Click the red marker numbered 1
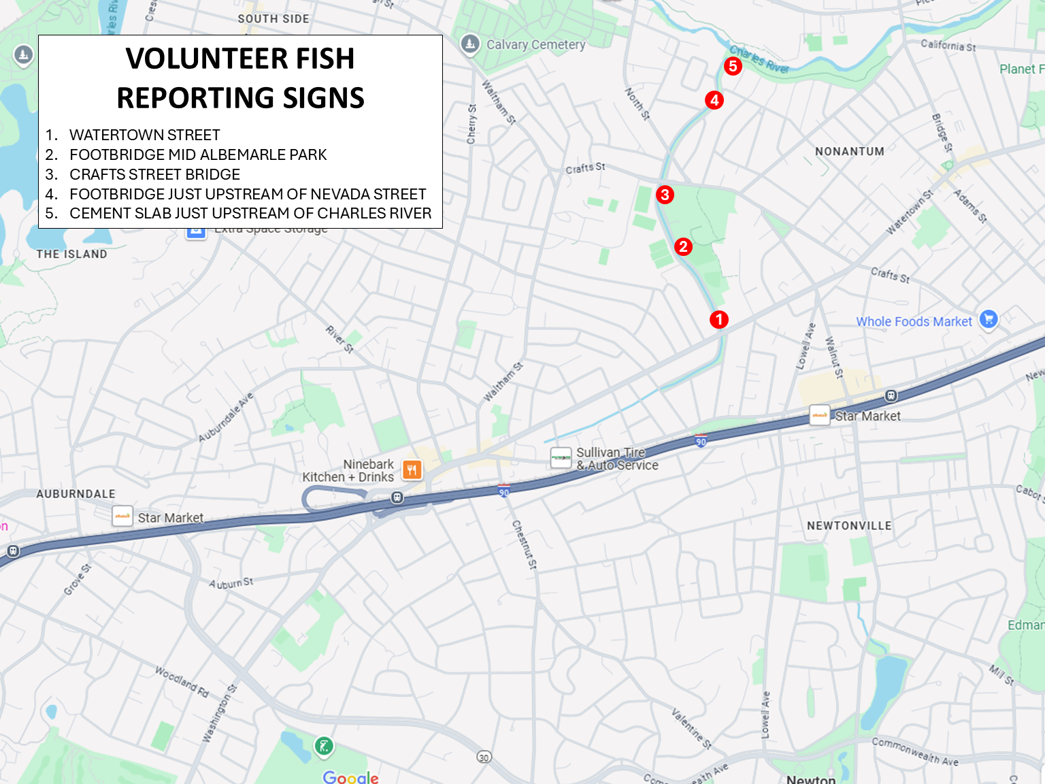719,319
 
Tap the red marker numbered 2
683,246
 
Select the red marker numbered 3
665,195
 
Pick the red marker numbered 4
714,100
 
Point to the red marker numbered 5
733,66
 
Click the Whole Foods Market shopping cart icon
989,318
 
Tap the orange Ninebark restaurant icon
412,470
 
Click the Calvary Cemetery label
535,45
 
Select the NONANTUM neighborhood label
850,151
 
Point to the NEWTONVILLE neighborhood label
849,525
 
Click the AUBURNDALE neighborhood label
76,493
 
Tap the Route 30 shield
484,757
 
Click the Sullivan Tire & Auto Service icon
561,457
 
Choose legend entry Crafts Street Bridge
154,174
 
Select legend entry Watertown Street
144,135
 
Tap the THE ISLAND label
71,254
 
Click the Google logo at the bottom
350,777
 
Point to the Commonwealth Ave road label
914,751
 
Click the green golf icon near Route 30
324,747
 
